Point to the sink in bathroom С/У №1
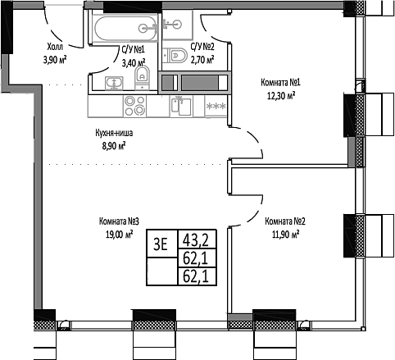click(114, 81)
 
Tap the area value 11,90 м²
click(281, 234)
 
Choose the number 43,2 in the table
click(195, 240)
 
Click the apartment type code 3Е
click(160, 241)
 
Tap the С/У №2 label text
click(202, 48)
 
